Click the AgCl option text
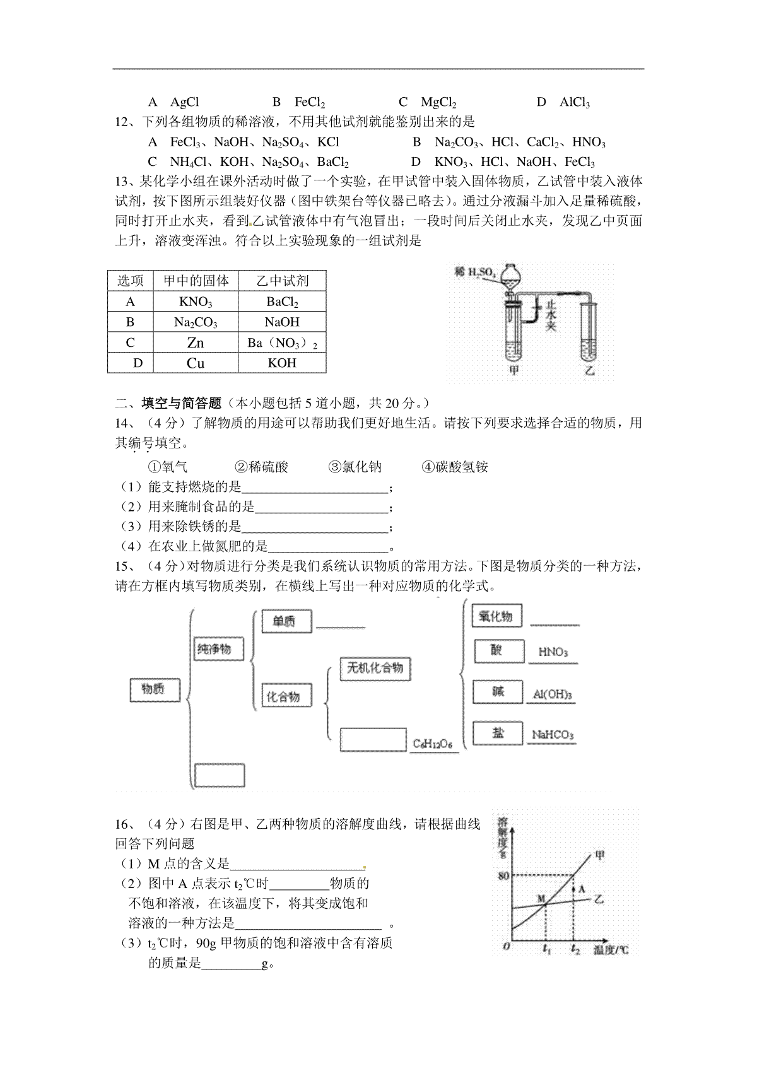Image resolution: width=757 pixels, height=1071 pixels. [x=185, y=102]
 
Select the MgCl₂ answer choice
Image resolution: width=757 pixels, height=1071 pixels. [x=438, y=102]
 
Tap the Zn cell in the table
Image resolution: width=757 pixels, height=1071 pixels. [x=196, y=343]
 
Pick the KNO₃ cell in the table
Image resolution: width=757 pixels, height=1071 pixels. [x=196, y=301]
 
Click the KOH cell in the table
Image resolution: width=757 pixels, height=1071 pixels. [x=282, y=363]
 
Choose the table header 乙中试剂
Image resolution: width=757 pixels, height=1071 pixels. [x=282, y=281]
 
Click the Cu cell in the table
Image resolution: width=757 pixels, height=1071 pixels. [x=196, y=363]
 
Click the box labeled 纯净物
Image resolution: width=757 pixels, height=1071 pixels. [x=218, y=648]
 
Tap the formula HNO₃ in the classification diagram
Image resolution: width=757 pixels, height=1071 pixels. [x=553, y=652]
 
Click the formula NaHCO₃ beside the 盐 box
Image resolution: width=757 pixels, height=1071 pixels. [x=553, y=735]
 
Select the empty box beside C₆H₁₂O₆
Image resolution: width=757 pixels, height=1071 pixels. [x=373, y=740]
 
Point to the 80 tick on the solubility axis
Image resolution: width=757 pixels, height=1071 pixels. [x=503, y=875]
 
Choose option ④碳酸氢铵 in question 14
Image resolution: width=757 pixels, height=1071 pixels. [x=455, y=467]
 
